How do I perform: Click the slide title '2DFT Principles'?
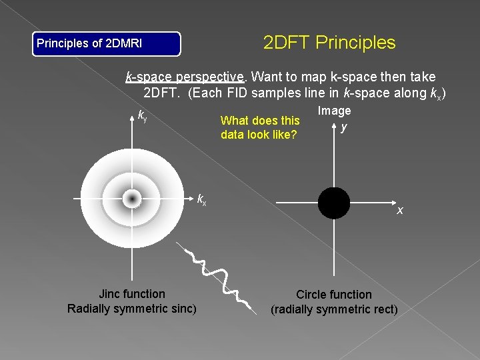(329, 43)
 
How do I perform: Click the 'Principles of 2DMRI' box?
(107, 44)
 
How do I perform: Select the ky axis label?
(143, 115)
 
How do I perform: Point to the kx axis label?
(201, 198)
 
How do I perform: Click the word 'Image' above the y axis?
(334, 111)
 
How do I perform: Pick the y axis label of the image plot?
(343, 127)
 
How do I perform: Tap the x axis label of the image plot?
(400, 211)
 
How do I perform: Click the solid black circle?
(333, 203)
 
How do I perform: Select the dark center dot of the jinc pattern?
(131, 199)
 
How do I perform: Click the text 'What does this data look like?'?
(259, 128)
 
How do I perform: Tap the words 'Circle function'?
(334, 294)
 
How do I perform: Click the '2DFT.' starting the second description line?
(162, 92)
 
